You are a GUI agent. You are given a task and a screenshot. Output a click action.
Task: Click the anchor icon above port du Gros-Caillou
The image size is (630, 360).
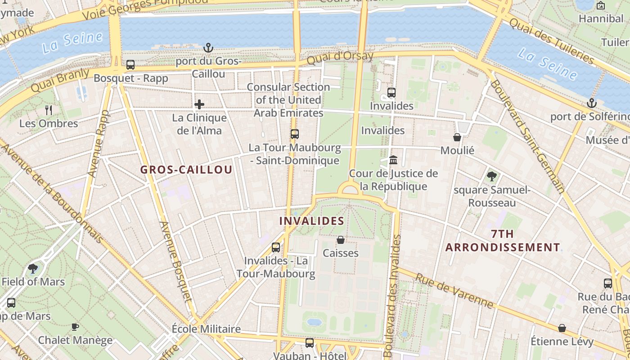[208, 47]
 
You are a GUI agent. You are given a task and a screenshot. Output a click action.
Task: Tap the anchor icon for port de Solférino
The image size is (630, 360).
[592, 103]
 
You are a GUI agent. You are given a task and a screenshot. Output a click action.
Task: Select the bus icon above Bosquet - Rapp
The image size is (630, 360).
[130, 65]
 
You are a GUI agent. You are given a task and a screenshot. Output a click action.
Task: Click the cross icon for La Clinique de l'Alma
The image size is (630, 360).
[199, 104]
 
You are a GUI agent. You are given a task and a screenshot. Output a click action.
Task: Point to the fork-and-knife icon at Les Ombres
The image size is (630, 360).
[49, 110]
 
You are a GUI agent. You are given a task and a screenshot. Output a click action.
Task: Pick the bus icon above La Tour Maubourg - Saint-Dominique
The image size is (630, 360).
[294, 134]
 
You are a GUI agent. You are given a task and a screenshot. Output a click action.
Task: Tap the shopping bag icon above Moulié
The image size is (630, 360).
[457, 137]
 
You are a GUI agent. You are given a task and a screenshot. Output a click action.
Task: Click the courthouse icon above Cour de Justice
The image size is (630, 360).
[393, 160]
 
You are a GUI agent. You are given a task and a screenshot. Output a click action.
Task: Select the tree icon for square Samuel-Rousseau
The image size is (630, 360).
[492, 176]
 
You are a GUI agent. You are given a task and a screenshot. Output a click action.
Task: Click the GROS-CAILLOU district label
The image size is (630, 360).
[186, 170]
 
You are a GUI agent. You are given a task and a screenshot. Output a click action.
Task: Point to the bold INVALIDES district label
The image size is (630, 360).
[311, 221]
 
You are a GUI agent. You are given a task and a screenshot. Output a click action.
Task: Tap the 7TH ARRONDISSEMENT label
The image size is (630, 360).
[503, 241]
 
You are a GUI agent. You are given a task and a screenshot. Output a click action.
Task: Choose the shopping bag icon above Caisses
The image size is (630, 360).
[341, 240]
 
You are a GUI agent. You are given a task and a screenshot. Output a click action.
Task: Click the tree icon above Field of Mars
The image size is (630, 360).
[33, 269]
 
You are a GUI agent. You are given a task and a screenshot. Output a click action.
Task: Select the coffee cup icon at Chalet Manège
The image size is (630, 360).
[75, 327]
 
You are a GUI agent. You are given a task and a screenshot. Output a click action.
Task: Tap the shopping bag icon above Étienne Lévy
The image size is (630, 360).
[562, 328]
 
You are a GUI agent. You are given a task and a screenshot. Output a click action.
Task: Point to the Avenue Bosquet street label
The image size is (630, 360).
[175, 261]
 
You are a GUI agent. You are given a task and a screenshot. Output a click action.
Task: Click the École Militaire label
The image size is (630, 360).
[206, 329]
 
